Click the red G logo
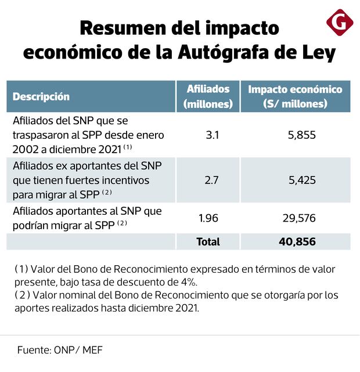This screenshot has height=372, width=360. tap(340, 23)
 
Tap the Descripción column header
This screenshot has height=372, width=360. tap(41, 96)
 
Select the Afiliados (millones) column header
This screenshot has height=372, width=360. tap(208, 96)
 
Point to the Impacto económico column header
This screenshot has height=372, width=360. tap(295, 96)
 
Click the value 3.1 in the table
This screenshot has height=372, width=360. tap(212, 135)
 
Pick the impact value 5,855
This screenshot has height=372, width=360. tap(301, 135)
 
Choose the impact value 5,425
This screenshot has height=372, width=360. tap(302, 180)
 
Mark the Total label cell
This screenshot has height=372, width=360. tap(208, 241)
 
